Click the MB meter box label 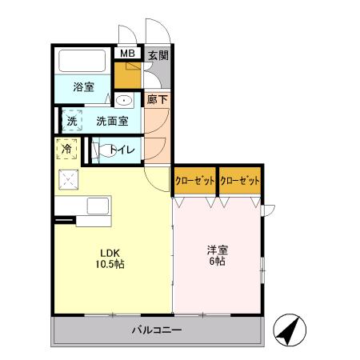(126, 54)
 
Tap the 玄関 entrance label (158, 55)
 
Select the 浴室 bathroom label (84, 86)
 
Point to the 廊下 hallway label (157, 100)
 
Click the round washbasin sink (125, 101)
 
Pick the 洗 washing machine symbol (72, 122)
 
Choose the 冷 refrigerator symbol (67, 149)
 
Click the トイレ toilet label (122, 150)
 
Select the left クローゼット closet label (195, 182)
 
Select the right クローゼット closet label (241, 182)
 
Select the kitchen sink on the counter (98, 208)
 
